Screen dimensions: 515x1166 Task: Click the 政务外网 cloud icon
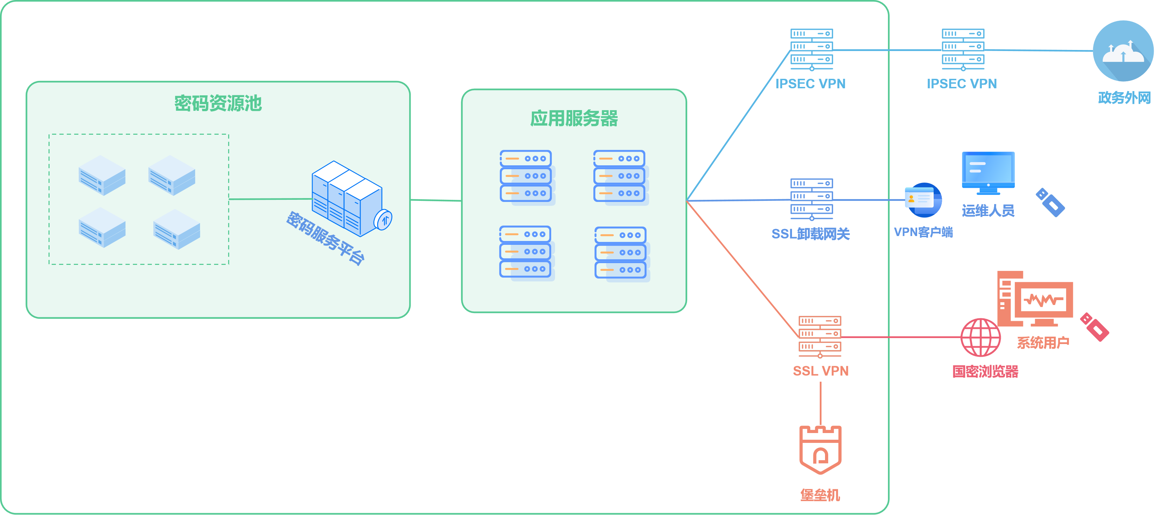1123,51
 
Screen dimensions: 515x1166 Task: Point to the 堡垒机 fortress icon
820,450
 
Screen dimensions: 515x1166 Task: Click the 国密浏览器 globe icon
981,337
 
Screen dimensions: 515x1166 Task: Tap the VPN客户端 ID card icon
922,200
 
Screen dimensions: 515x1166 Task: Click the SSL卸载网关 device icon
812,199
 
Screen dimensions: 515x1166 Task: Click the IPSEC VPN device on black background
963,49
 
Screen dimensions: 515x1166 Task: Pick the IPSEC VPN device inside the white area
812,49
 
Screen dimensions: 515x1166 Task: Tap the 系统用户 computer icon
1035,299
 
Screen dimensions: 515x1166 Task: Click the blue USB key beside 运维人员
1050,202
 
